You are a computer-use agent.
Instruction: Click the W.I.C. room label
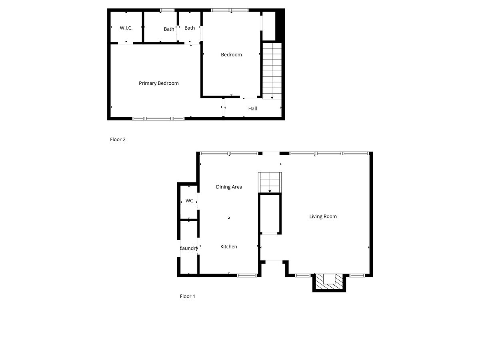point(126,28)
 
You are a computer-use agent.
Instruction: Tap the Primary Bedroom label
point(159,83)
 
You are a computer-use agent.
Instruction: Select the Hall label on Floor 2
point(252,108)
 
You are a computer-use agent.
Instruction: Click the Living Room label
point(323,216)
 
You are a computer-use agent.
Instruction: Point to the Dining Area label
point(229,187)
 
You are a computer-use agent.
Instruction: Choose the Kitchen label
point(229,247)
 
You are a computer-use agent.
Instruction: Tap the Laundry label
point(189,248)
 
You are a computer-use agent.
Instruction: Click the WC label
point(189,201)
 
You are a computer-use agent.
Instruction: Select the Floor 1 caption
point(188,296)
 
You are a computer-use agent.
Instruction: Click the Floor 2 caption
point(118,140)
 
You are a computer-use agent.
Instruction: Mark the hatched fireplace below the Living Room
point(329,282)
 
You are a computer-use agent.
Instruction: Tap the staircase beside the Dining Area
point(270,182)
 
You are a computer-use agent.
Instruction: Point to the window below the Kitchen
point(247,275)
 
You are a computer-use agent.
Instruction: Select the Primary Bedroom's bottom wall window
point(158,118)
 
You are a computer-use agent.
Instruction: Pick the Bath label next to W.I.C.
point(169,29)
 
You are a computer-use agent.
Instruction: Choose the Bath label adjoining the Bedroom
point(190,28)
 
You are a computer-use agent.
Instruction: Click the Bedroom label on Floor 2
point(231,55)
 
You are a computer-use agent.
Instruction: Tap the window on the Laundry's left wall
point(178,248)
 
